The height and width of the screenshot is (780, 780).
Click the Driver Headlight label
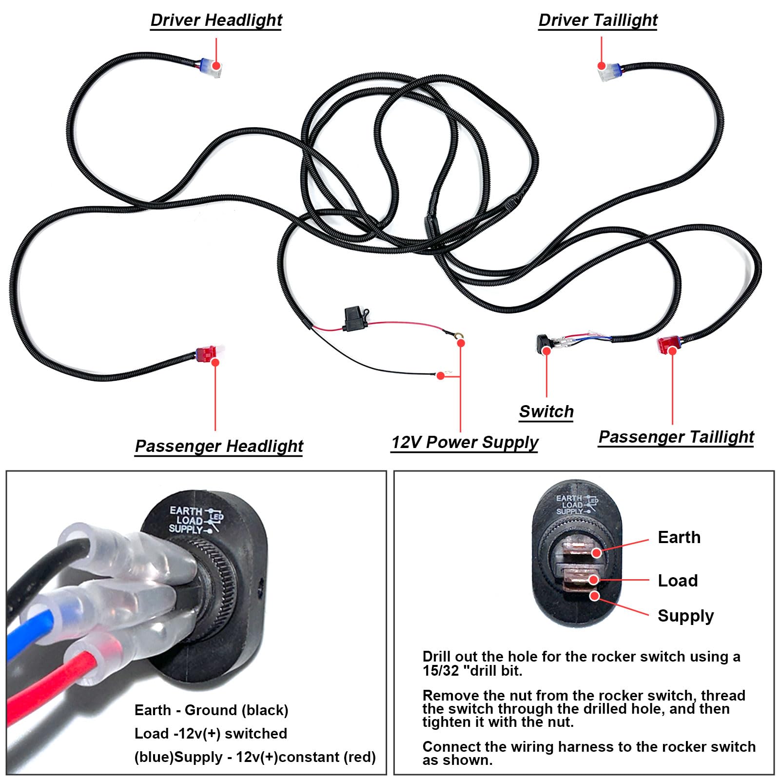(x=216, y=20)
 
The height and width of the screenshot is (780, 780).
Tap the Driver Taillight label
(x=598, y=20)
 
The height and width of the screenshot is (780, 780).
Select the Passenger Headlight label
(x=219, y=446)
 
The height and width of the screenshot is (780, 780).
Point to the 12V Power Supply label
(x=465, y=442)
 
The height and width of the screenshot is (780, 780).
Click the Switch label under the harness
(x=546, y=411)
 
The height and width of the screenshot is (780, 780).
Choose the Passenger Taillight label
(x=676, y=436)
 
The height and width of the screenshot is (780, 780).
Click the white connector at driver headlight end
(x=215, y=69)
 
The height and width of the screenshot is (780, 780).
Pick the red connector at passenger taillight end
(x=666, y=345)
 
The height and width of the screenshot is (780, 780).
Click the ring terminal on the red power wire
(x=458, y=335)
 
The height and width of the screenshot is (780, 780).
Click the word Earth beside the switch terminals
(x=679, y=537)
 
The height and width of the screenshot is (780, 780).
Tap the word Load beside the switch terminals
(x=678, y=580)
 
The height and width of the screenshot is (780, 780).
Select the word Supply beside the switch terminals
(x=685, y=616)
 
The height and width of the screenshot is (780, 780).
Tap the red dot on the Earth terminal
(x=596, y=553)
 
